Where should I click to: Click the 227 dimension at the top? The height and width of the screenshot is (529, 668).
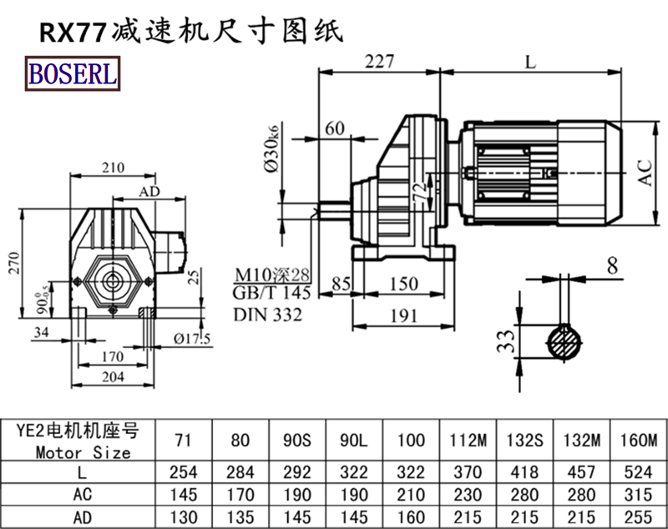(378, 60)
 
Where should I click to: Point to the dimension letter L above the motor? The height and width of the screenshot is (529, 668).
(531, 59)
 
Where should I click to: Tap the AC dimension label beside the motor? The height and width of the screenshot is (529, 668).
(645, 171)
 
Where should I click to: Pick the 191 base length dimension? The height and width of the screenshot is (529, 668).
(404, 315)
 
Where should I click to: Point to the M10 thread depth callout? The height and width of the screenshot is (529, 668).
(271, 275)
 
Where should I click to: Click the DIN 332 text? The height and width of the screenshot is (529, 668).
(267, 315)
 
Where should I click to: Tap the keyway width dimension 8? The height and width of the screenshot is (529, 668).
(612, 266)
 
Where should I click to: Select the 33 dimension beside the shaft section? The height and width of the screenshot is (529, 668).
(504, 340)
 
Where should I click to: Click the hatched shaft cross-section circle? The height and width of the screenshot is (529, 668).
(565, 342)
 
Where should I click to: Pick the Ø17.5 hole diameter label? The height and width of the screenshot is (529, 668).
(191, 337)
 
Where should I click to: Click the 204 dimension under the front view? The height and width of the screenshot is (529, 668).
(112, 377)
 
